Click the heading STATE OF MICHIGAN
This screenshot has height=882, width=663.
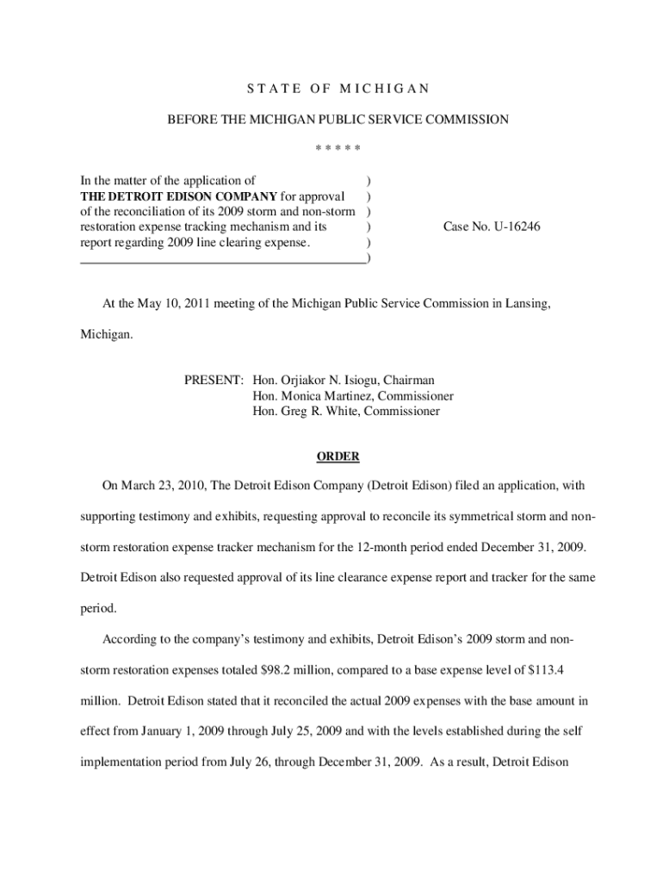[338, 89]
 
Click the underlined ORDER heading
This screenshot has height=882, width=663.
[338, 457]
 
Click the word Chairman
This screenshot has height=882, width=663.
[409, 380]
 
